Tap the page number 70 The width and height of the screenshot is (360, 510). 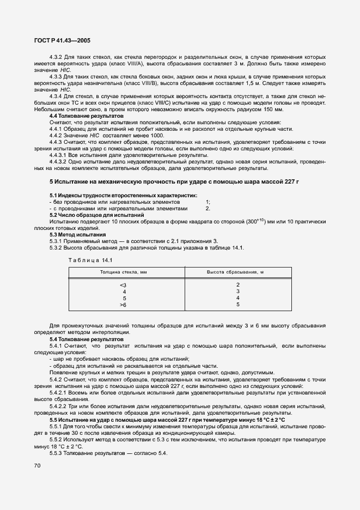(x=38, y=466)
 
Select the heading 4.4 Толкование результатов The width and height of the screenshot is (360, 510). (x=86, y=117)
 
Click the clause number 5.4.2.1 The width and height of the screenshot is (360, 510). (x=59, y=392)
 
